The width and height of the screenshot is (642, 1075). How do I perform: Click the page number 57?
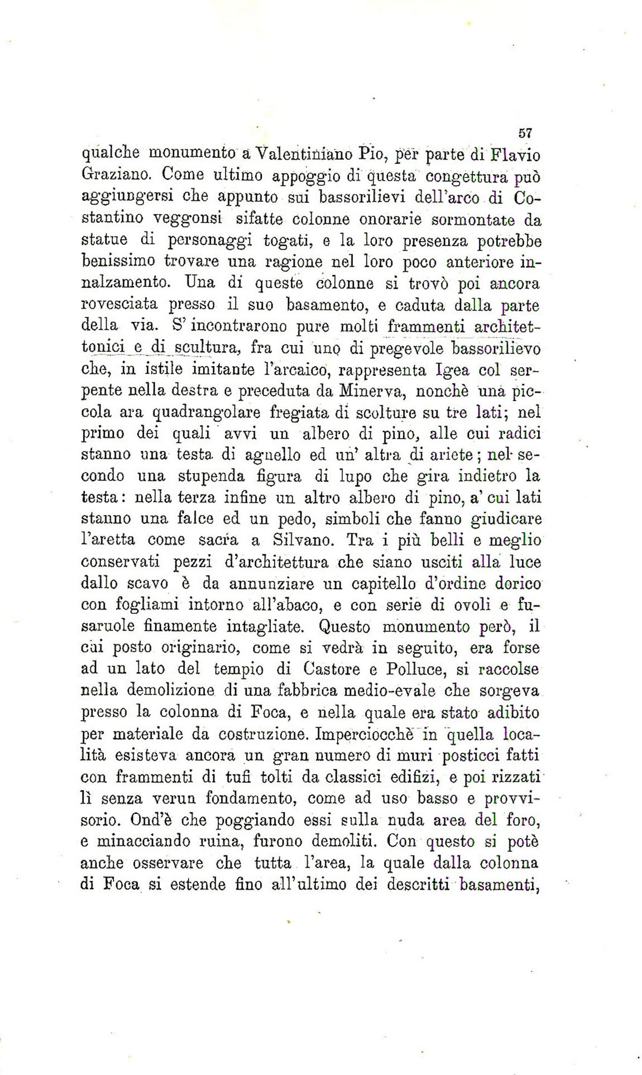pos(525,133)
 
